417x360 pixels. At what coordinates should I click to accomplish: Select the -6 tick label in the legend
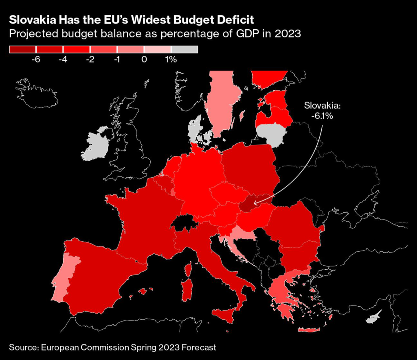click(35, 59)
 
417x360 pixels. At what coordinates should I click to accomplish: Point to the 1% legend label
click(171, 59)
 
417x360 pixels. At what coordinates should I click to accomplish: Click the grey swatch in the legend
click(184, 50)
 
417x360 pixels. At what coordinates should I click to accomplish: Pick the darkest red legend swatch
click(22, 50)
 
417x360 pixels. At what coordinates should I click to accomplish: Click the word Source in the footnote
click(22, 347)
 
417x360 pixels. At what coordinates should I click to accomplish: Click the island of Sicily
click(225, 315)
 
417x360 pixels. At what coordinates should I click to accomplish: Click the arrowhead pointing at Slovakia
click(255, 201)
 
